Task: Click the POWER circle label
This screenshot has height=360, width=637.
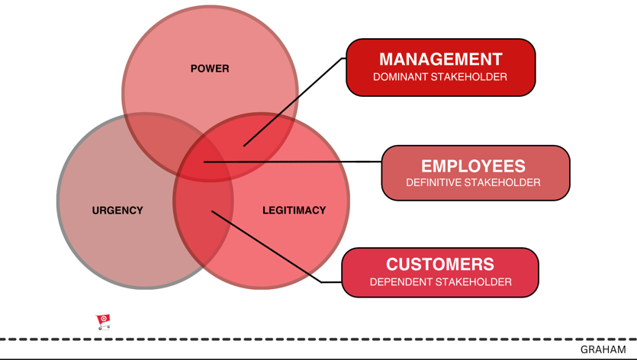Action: (x=210, y=69)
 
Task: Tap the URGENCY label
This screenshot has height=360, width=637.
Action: (x=117, y=211)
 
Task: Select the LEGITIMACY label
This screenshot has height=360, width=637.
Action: (x=294, y=211)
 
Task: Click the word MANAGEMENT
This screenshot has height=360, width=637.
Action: (x=440, y=59)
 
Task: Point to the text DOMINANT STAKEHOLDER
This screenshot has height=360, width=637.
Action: (x=440, y=77)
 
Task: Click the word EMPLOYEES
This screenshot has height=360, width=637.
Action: (x=473, y=166)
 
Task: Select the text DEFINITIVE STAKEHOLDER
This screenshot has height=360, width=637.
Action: (x=473, y=183)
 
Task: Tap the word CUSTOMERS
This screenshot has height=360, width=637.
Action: (x=440, y=264)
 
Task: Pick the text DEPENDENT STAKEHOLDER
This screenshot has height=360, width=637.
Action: (x=440, y=282)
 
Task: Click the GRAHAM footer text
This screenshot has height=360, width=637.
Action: (x=603, y=350)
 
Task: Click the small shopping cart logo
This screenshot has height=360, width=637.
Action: (x=104, y=321)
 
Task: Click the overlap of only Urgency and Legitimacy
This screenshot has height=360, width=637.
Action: (x=202, y=229)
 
